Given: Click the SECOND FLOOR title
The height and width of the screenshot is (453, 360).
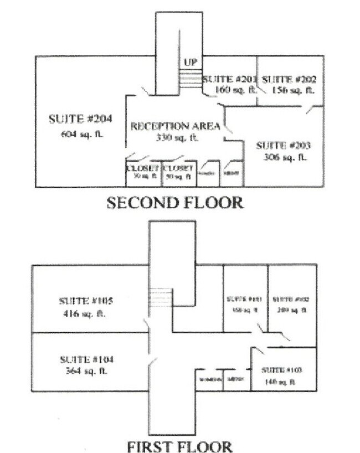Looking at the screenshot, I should tap(174, 203).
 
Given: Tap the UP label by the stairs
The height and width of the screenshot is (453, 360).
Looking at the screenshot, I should tap(191, 62).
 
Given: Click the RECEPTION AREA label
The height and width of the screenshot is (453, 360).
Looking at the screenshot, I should tap(175, 126).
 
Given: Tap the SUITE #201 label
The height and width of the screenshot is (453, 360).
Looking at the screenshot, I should tap(229, 80).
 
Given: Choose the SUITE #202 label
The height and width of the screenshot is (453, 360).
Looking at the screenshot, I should tap(289, 80).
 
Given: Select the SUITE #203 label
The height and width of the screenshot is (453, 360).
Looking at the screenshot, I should tap(282, 146).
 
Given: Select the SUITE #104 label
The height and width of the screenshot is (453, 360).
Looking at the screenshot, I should tap(86, 359).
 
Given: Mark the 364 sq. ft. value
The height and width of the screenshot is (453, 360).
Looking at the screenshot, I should tap(86, 371).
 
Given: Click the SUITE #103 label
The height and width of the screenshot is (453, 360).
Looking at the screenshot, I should tap(281, 369).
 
